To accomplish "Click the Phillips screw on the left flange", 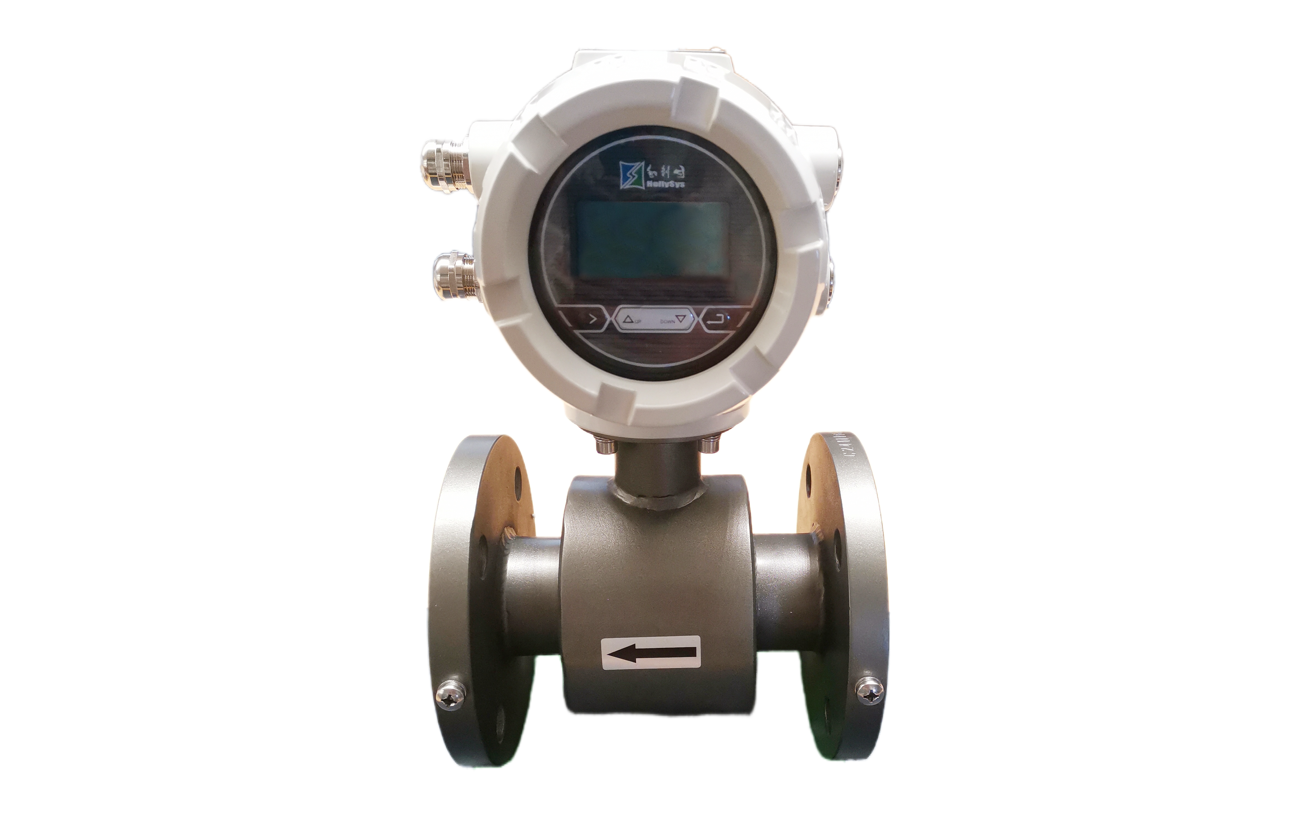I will (451, 695).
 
